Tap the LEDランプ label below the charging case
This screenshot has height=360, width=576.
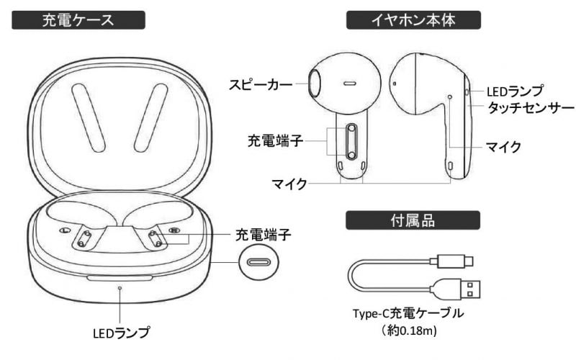click(122, 333)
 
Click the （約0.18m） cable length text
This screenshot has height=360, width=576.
click(408, 331)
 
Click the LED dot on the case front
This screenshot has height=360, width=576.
click(120, 287)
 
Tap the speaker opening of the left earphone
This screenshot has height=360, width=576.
click(313, 83)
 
